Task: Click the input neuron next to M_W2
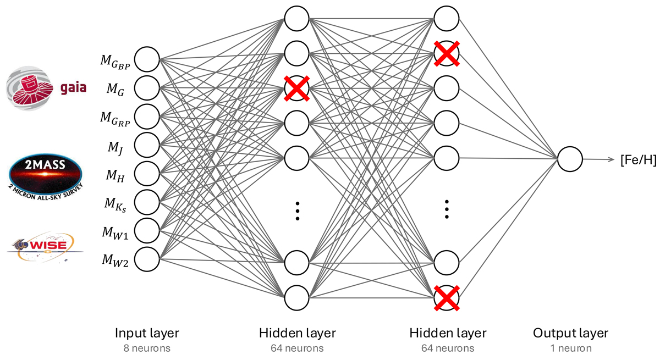click(147, 259)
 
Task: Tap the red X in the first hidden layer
click(297, 89)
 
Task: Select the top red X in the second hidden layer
click(446, 54)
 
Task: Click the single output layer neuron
click(570, 159)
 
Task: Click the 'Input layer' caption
click(147, 333)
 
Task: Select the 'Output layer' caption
click(570, 333)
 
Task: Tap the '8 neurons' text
click(147, 348)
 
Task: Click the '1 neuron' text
click(570, 348)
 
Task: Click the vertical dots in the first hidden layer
click(297, 211)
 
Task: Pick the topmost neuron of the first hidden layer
click(297, 19)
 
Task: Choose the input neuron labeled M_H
click(147, 174)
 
